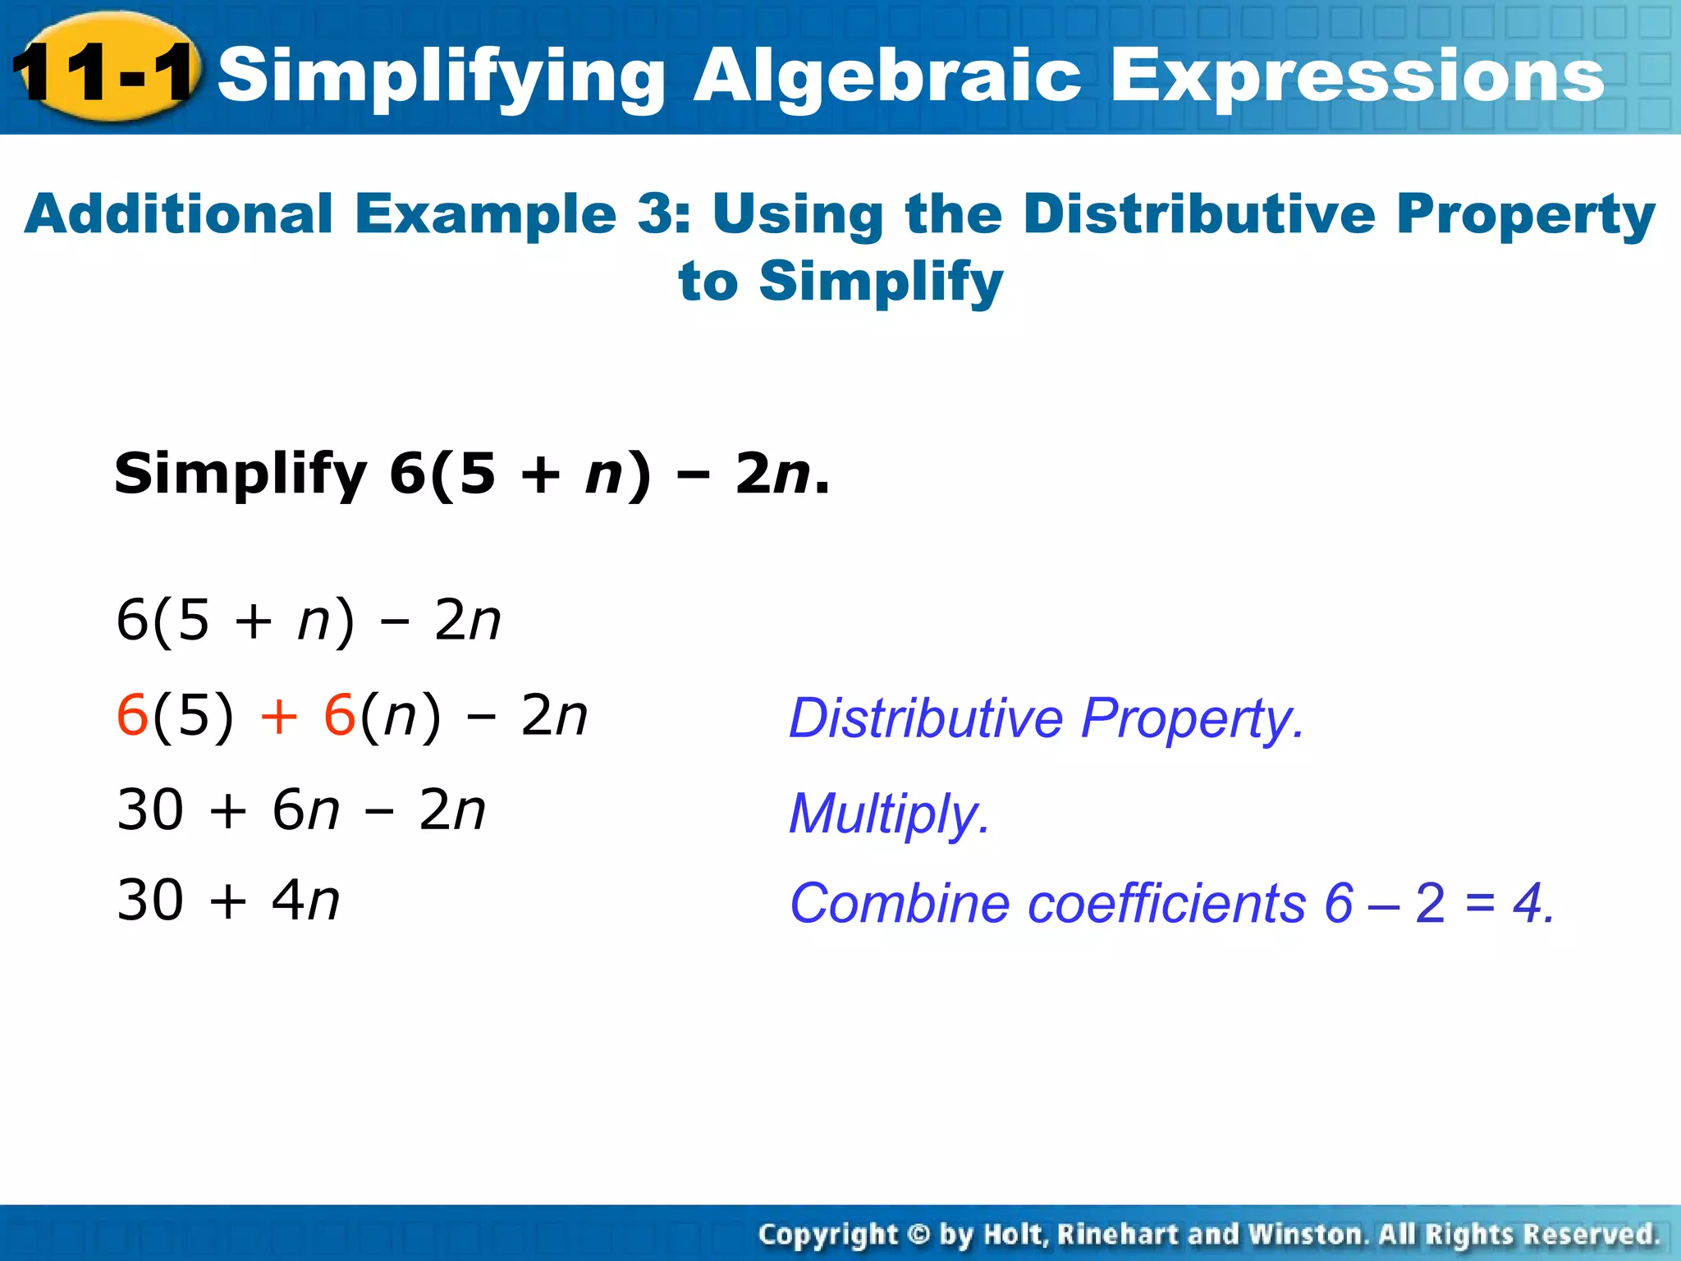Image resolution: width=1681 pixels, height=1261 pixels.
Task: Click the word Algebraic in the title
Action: pyautogui.click(x=886, y=76)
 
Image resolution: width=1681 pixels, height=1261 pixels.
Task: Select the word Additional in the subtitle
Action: pyautogui.click(x=178, y=215)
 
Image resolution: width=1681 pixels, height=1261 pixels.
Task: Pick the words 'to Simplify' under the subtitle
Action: pyautogui.click(x=840, y=282)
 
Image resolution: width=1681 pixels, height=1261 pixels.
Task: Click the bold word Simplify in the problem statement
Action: pyautogui.click(x=240, y=475)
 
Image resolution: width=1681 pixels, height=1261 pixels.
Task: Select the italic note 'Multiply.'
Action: pyautogui.click(x=889, y=814)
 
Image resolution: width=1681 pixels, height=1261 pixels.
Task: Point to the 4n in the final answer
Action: pyautogui.click(x=305, y=901)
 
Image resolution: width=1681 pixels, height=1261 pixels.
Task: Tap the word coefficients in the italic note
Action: pyautogui.click(x=1166, y=904)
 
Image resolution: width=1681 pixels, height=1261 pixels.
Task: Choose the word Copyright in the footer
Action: pyautogui.click(x=828, y=1235)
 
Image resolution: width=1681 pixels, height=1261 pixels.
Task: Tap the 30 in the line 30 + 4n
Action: pyautogui.click(x=150, y=901)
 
